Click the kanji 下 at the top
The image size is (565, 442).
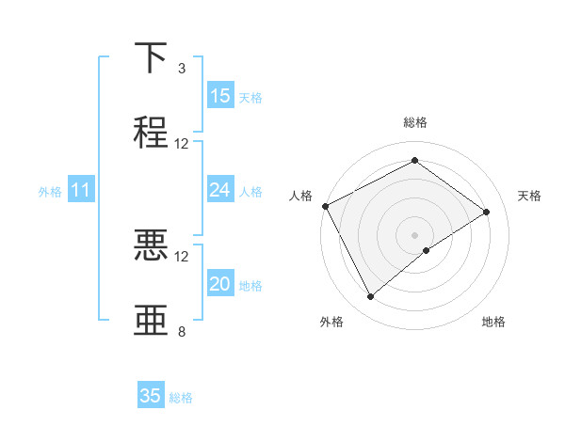(x=152, y=58)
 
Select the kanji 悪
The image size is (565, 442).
(x=152, y=245)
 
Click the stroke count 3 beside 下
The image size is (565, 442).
(x=182, y=69)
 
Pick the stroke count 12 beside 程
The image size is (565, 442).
(x=182, y=144)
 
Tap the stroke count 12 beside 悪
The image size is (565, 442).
(x=182, y=256)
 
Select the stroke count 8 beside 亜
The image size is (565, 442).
(x=182, y=331)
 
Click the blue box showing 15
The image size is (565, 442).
(x=219, y=96)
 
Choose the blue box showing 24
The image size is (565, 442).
(x=219, y=190)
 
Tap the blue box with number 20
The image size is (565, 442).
(x=219, y=284)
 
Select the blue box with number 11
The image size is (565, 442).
(x=80, y=190)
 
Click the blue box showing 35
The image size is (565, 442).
(x=151, y=396)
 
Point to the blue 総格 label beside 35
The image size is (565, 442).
(x=181, y=398)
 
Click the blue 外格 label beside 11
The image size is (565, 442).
(x=50, y=192)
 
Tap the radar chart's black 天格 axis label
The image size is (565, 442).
(x=529, y=196)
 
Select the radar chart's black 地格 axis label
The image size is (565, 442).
(x=493, y=322)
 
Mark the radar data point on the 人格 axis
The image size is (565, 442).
(x=325, y=206)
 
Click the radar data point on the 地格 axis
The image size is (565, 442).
(x=427, y=250)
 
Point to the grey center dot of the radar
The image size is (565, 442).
(x=414, y=233)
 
